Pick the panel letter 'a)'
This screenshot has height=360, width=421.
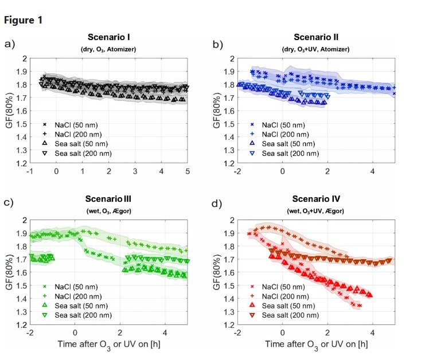[x=9, y=43]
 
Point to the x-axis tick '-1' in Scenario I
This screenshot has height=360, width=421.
[x=29, y=171]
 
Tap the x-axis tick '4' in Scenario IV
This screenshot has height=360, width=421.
[x=373, y=332]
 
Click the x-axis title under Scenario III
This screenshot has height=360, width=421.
[x=108, y=345]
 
